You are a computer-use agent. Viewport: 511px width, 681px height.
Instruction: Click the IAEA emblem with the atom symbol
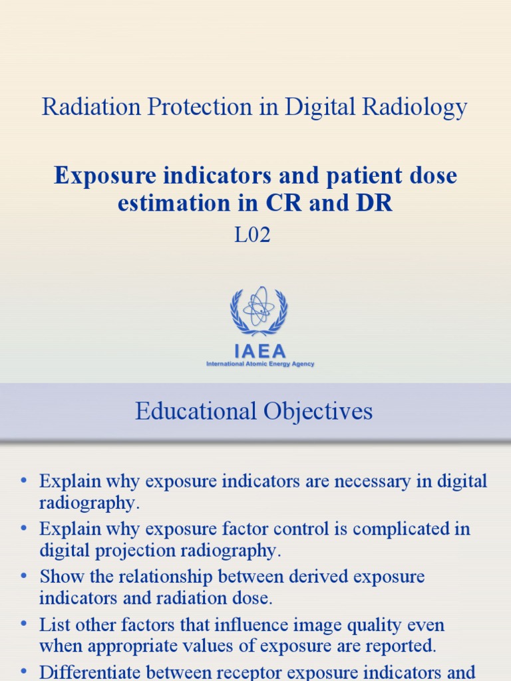259,310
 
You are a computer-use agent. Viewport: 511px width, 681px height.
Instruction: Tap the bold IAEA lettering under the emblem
259,350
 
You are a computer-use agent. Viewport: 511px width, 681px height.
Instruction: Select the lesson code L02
253,235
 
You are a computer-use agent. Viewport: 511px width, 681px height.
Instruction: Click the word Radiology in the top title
423,107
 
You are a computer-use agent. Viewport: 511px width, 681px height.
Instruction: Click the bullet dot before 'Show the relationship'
25,576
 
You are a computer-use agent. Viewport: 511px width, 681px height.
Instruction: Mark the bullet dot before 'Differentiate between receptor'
25,672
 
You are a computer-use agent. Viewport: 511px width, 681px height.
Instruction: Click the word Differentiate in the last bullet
91,672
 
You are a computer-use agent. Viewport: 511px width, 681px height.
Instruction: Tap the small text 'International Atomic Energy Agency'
260,364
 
